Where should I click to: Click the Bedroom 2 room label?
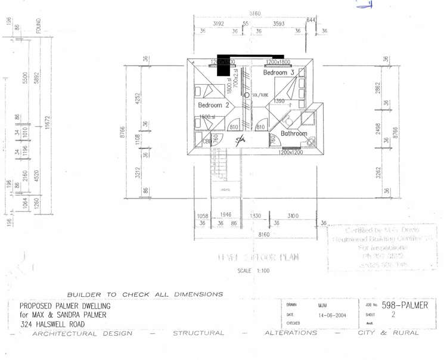213,105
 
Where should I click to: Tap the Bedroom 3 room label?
279,72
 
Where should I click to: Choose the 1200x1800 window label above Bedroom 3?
278,62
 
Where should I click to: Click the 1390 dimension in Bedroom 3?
279,101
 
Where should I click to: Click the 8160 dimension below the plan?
264,235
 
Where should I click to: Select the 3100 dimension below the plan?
292,215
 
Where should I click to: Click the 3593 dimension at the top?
278,24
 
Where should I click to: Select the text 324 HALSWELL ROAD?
52,324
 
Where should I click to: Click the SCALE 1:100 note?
253,271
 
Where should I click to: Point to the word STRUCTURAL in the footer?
198,333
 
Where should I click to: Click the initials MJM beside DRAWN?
322,305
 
